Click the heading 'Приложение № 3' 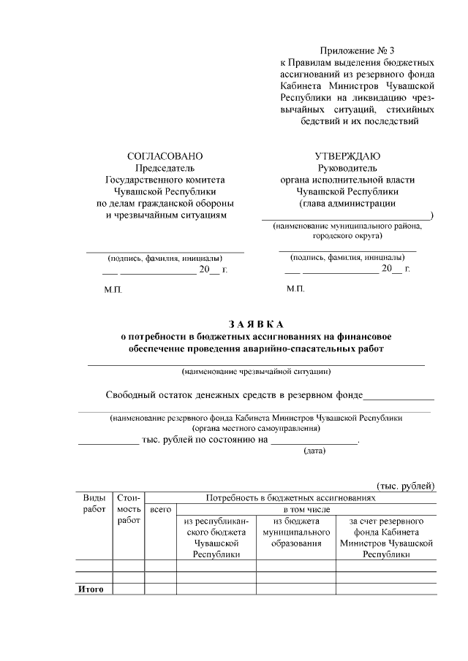click(357, 50)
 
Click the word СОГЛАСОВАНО click(165, 156)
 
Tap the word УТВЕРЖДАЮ click(347, 156)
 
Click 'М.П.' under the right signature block click(295, 290)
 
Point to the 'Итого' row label click(91, 589)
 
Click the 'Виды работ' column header click(94, 503)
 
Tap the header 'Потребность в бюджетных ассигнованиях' click(290, 497)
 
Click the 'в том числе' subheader click(306, 509)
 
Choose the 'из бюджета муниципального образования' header click(296, 532)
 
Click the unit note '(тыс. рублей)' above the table click(405, 486)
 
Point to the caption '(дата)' click(314, 451)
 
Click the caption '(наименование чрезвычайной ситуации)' click(257, 371)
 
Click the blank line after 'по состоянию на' click(314, 442)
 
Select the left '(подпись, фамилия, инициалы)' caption click(165, 259)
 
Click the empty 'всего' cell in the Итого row click(160, 589)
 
